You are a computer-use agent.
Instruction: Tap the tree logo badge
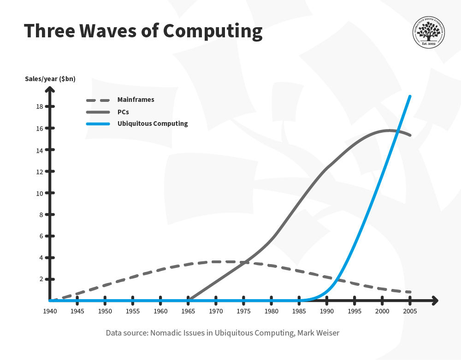coord(428,32)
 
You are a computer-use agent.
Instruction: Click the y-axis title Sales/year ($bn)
coord(50,79)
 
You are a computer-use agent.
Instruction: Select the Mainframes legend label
coord(136,100)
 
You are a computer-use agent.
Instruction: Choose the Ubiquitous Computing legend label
coord(153,124)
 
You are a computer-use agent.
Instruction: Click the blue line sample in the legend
coord(98,124)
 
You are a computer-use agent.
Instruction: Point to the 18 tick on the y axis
coord(50,106)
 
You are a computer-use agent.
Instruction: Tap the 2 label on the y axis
coord(41,279)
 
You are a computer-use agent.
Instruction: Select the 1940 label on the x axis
coord(50,311)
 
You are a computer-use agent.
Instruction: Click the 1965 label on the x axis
coord(188,311)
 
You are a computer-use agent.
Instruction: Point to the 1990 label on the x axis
coord(327,311)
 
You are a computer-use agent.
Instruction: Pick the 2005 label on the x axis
coord(410,311)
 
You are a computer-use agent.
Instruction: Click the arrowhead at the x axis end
coord(435,301)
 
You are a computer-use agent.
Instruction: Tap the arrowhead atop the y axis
coord(50,89)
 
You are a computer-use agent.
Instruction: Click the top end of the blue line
coord(410,96)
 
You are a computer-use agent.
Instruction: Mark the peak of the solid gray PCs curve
coord(389,130)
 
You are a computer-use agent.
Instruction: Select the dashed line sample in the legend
coord(98,100)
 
